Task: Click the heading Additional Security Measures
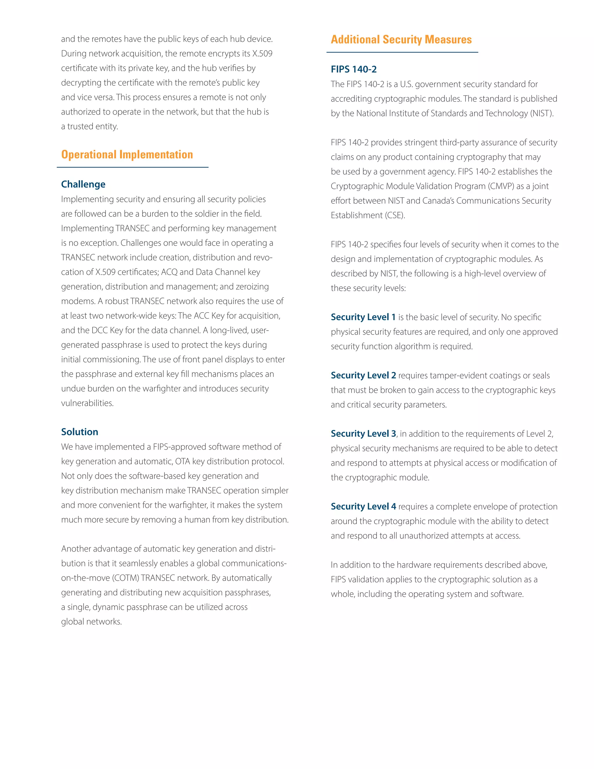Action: [401, 39]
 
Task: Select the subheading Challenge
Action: [83, 184]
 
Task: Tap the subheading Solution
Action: [79, 432]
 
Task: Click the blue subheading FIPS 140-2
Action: [353, 69]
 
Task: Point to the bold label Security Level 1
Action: [363, 317]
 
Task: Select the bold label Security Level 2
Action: [363, 375]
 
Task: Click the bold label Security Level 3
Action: [363, 434]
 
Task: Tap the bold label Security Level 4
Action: [363, 506]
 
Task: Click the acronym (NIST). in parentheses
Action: [542, 113]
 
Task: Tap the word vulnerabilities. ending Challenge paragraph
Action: [87, 403]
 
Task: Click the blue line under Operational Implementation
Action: [133, 167]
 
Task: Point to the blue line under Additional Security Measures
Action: [402, 53]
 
